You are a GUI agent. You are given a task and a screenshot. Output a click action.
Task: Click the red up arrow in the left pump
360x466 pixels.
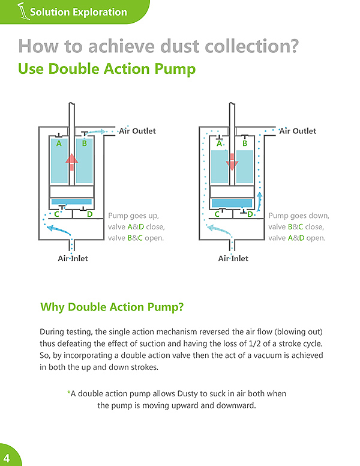click(x=71, y=162)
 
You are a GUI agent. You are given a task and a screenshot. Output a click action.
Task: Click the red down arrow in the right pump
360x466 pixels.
click(x=232, y=162)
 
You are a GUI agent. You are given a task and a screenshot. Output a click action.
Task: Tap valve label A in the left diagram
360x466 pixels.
click(x=59, y=144)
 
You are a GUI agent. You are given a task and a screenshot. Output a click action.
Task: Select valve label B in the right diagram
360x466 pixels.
click(x=245, y=144)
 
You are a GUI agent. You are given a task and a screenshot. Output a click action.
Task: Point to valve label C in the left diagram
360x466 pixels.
click(x=57, y=214)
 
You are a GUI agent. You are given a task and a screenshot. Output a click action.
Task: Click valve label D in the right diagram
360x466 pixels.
click(x=250, y=214)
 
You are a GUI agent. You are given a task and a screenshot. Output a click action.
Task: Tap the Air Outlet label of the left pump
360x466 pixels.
click(x=137, y=131)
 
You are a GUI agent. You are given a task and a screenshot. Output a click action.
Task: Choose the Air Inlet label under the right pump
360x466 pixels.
click(x=233, y=259)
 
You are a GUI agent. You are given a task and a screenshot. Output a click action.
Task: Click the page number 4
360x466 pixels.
click(x=7, y=458)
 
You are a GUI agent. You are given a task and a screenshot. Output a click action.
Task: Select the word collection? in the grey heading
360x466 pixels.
click(x=252, y=46)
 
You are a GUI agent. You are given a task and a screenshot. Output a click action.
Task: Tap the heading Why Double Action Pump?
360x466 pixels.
click(x=112, y=307)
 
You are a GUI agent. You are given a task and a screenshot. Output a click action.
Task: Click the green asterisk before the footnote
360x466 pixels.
click(x=68, y=393)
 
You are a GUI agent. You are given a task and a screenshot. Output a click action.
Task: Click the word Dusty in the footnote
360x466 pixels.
click(x=187, y=394)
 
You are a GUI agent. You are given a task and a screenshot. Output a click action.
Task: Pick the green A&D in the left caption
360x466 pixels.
click(x=136, y=227)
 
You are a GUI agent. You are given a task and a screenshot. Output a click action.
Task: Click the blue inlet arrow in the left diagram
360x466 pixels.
click(x=59, y=230)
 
